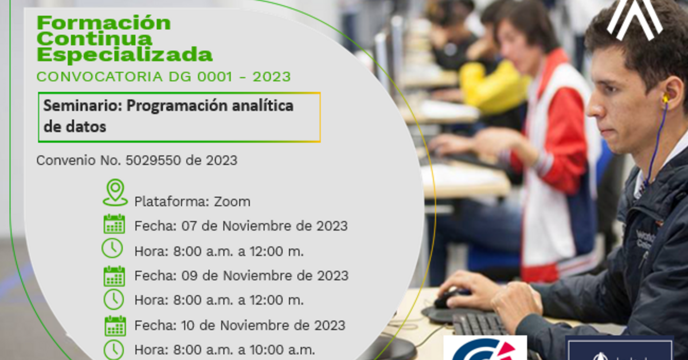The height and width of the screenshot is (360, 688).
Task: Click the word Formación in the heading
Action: tap(104, 23)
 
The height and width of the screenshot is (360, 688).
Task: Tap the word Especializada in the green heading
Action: tap(124, 55)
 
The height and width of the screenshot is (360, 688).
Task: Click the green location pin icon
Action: tap(115, 192)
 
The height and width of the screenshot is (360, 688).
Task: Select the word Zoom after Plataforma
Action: tap(232, 202)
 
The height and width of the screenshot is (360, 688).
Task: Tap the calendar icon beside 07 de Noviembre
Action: tap(114, 224)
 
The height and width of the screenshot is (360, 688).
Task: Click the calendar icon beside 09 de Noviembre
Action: tap(114, 276)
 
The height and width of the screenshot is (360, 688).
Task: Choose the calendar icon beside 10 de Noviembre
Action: tap(115, 326)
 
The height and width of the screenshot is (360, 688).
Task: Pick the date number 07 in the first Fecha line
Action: tap(189, 226)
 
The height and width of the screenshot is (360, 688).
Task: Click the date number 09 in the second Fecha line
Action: tap(190, 276)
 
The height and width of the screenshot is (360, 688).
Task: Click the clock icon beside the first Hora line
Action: tap(112, 248)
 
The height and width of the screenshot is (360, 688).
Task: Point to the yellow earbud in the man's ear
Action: tap(665, 99)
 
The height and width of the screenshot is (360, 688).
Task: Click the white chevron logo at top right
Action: tap(634, 18)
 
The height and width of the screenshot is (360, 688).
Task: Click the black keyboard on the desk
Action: tap(479, 324)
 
